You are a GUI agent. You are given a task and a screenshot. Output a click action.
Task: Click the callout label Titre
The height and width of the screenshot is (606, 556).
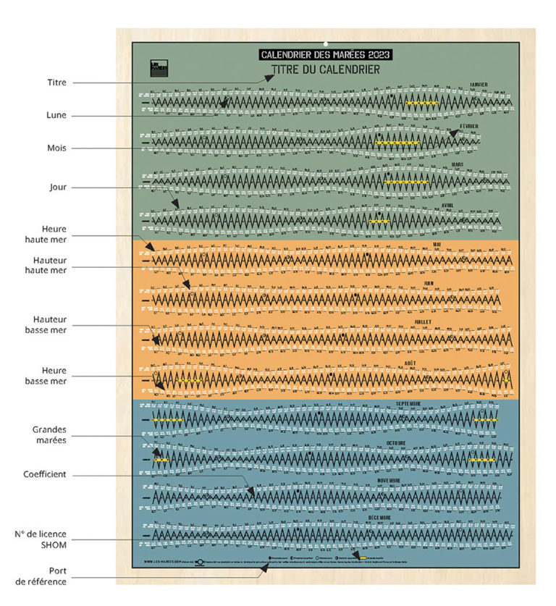coord(56,83)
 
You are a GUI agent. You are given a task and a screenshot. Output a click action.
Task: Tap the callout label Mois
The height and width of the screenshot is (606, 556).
coord(56,148)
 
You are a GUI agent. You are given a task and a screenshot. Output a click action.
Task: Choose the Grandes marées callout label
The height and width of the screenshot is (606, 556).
coord(47,434)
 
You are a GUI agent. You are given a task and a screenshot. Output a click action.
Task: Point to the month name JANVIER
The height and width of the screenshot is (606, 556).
coord(478,85)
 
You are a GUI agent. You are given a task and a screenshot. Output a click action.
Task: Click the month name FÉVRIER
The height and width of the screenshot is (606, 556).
coord(468,125)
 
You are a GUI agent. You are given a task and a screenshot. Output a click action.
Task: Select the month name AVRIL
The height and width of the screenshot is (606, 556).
coord(461,205)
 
